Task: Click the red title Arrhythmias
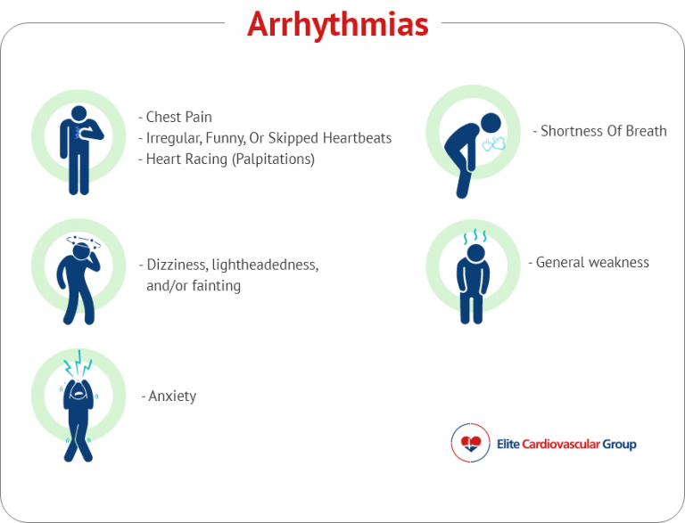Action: pos(337,25)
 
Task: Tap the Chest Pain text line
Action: pos(178,117)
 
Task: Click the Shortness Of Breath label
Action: pos(603,131)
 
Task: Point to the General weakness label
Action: pos(591,262)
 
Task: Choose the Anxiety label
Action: pos(170,396)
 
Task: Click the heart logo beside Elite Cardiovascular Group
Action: pos(470,442)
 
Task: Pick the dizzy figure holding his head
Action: pos(78,276)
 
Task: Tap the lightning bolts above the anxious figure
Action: pos(78,364)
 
